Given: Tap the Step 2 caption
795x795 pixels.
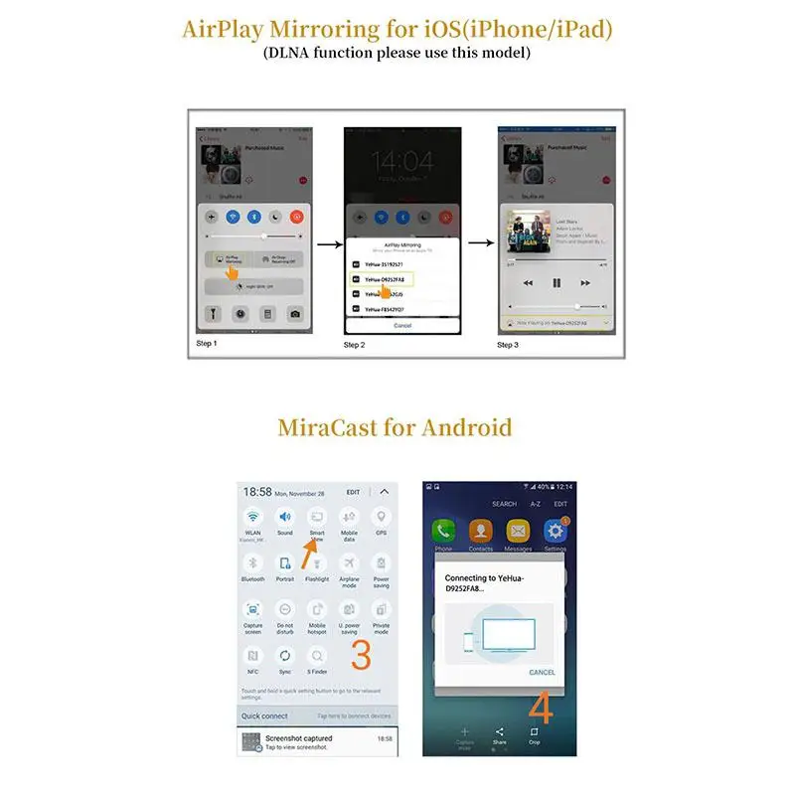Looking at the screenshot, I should click(x=355, y=345).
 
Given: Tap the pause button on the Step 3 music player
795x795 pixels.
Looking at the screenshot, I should click(x=556, y=283).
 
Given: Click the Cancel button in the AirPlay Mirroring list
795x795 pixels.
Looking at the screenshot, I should click(x=402, y=325).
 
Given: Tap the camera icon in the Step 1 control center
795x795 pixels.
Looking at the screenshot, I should click(x=294, y=314).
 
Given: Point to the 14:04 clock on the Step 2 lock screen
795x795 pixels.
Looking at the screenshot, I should click(x=402, y=162).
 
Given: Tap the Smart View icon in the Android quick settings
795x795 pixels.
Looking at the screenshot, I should click(x=317, y=518).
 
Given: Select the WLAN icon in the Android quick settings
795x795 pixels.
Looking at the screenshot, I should click(x=253, y=518).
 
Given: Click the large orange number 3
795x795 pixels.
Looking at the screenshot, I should click(x=362, y=654).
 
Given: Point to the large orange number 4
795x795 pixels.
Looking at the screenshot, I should click(x=542, y=709).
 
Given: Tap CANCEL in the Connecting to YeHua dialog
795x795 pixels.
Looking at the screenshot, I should click(x=542, y=673).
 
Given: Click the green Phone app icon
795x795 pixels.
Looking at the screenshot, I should click(x=443, y=531).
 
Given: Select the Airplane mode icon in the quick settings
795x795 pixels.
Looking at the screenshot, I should click(x=349, y=563).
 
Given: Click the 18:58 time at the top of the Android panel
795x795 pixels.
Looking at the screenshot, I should click(x=257, y=492).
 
